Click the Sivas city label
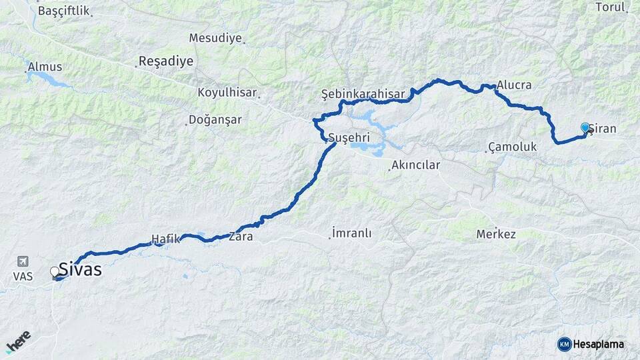(80, 269)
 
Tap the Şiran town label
(603, 128)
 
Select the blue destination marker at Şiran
(585, 127)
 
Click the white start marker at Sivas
(55, 271)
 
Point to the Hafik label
(166, 239)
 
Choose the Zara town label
(241, 236)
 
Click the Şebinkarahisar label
(363, 94)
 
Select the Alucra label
(514, 85)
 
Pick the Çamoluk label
(512, 146)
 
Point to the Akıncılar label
(415, 165)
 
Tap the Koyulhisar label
(227, 93)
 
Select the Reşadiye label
(165, 61)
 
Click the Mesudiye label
(215, 38)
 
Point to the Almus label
(45, 67)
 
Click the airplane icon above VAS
(23, 261)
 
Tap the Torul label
(611, 7)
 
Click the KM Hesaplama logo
(591, 344)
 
